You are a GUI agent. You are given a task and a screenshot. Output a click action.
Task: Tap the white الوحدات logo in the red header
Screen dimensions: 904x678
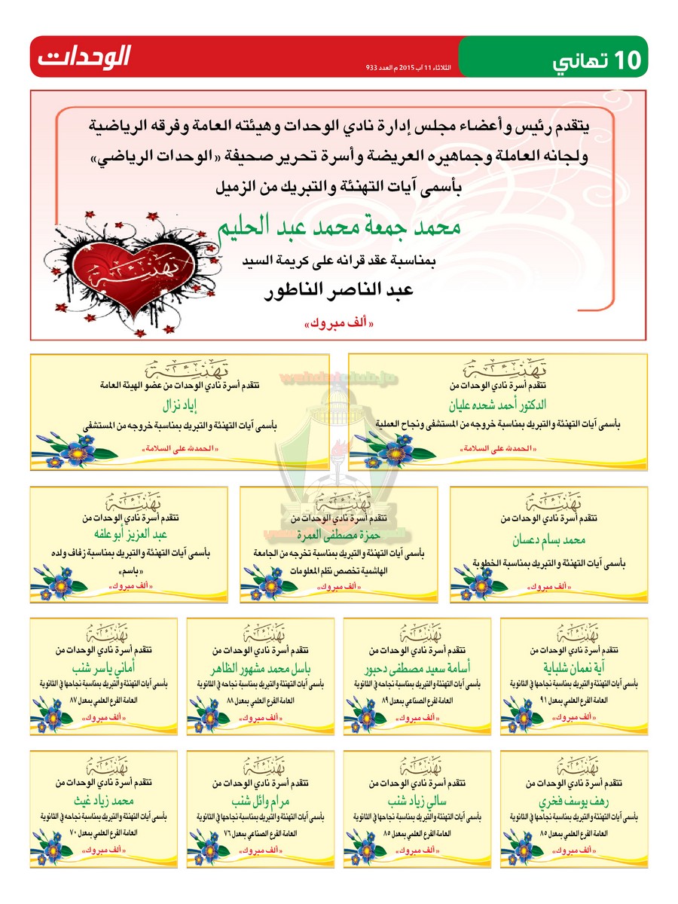click(84, 56)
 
